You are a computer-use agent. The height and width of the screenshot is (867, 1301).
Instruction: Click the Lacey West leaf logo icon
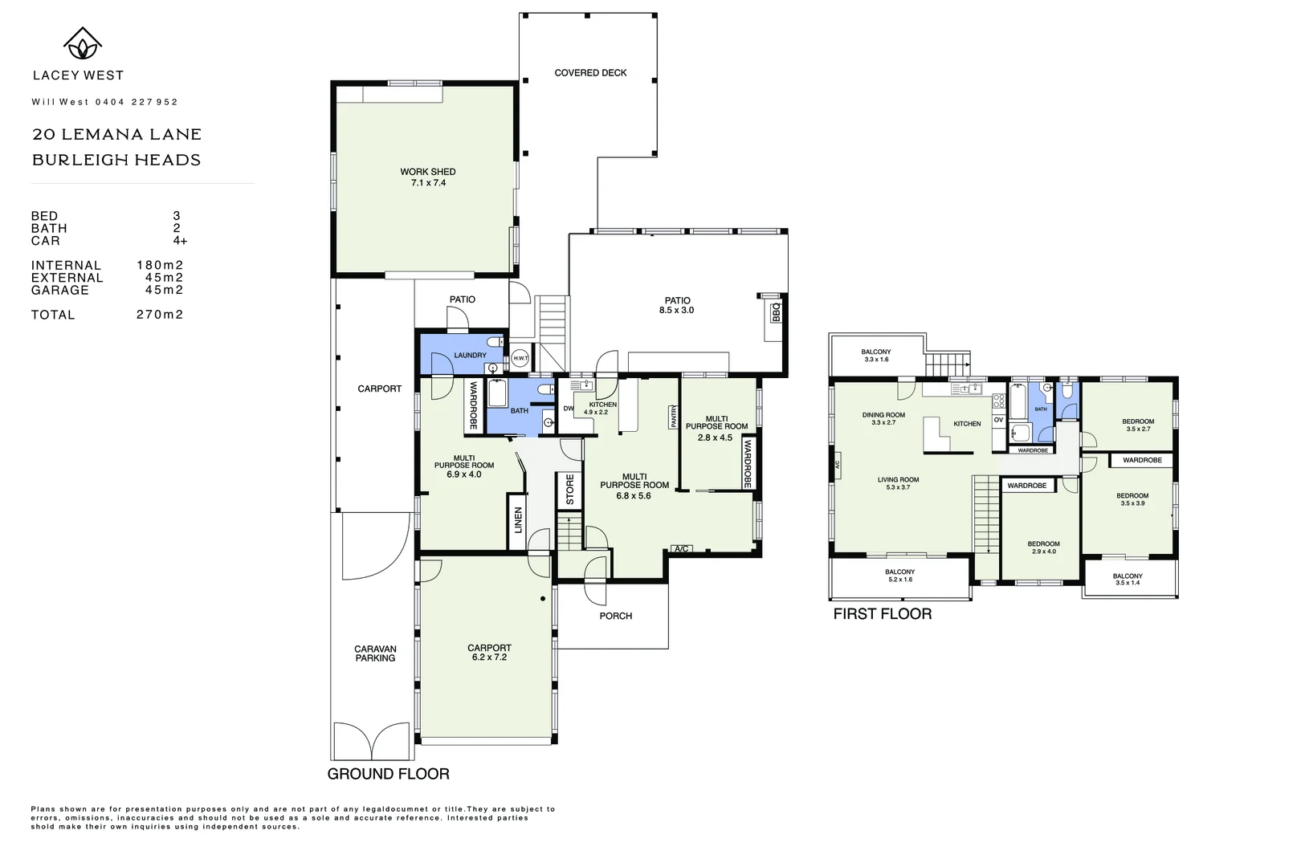point(82,43)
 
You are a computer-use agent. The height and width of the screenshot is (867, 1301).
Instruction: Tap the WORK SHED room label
point(428,172)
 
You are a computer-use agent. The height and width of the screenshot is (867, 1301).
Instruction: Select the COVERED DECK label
point(590,73)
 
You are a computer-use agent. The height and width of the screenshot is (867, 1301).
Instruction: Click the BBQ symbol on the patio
point(776,311)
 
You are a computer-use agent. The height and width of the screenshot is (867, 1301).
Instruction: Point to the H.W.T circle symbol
point(520,359)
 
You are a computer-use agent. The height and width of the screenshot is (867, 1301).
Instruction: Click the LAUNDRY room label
point(470,356)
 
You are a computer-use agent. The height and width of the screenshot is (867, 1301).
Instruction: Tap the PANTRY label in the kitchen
point(674,417)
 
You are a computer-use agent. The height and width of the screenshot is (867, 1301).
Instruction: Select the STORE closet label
point(569,490)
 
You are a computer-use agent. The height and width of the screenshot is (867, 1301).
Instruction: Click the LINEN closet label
point(518,520)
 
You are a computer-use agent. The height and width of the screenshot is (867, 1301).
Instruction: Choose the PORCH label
point(616,617)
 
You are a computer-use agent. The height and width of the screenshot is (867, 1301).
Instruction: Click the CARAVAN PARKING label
point(375,653)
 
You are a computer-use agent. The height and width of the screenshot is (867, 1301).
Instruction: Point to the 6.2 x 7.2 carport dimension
point(489,657)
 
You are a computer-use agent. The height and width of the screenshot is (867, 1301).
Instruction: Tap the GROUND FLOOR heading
point(388,774)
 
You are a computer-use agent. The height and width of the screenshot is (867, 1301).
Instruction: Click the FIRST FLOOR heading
point(882,614)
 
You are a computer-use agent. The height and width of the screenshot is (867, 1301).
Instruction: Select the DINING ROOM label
point(883,415)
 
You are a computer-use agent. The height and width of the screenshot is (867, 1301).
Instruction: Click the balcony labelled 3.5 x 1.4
point(1128,580)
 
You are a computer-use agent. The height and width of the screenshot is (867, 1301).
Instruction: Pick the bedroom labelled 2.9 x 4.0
point(1043,547)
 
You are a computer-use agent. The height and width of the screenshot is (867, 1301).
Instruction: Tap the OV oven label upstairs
point(998,420)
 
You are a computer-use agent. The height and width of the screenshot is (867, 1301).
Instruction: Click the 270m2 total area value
point(160,315)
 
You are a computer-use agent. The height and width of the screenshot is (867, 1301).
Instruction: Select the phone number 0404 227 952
point(137,102)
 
